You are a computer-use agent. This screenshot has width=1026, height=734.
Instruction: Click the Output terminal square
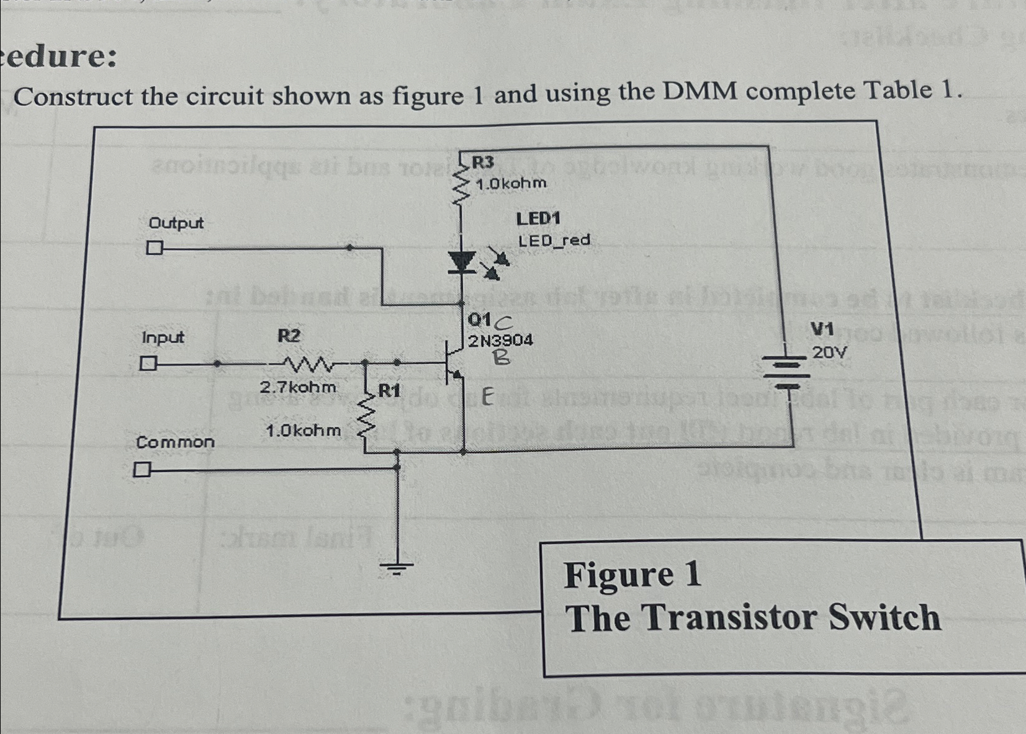click(154, 249)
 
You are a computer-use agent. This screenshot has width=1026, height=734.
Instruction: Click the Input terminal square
click(147, 363)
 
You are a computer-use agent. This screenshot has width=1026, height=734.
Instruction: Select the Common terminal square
click(142, 470)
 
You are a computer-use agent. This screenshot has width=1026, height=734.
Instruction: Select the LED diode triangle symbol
click(461, 262)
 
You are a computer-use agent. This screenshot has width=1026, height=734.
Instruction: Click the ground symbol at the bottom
click(397, 566)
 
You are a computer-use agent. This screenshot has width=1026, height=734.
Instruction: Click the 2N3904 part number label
click(500, 340)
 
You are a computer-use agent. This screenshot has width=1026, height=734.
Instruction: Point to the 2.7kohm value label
click(298, 387)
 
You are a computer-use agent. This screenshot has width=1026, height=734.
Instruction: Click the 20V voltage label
click(830, 352)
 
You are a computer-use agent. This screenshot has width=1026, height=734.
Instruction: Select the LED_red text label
click(554, 240)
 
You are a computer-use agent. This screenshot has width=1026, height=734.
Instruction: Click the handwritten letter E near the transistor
click(487, 397)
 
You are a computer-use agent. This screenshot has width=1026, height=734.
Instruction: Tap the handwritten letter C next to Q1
click(504, 321)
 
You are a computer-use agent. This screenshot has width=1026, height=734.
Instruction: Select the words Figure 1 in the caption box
click(632, 575)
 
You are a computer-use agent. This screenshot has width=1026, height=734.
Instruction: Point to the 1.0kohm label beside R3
click(511, 183)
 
